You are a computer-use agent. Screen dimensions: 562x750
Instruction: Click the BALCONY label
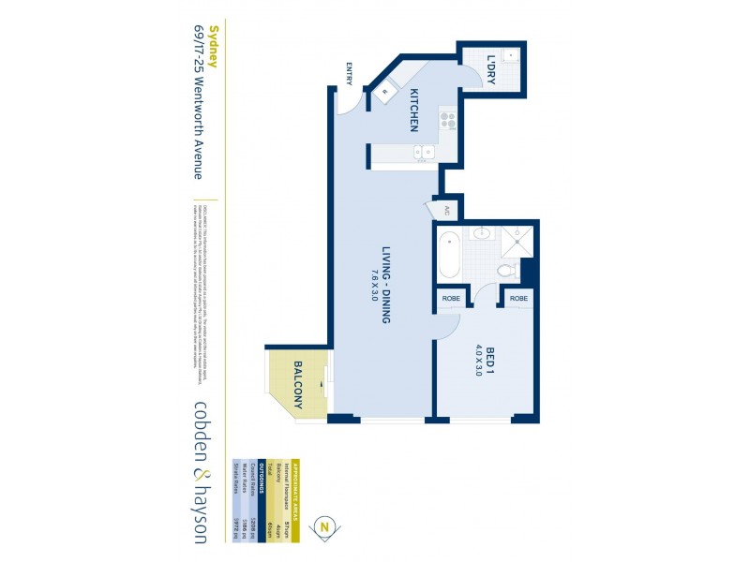[x=297, y=385]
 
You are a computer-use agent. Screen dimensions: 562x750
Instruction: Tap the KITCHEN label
[x=412, y=110]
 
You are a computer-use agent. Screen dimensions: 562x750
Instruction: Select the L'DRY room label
[x=491, y=69]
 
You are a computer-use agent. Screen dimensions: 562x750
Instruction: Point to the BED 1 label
[x=488, y=360]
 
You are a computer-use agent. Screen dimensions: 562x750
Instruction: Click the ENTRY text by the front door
[x=349, y=73]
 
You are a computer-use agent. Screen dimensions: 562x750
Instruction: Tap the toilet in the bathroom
[x=506, y=270]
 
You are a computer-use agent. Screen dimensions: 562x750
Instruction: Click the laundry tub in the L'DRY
[x=509, y=53]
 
